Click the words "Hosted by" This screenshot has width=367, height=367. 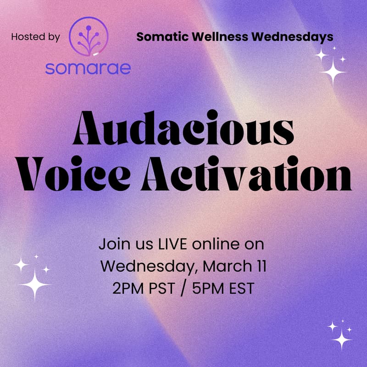click(35, 37)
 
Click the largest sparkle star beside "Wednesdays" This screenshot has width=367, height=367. click(333, 71)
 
